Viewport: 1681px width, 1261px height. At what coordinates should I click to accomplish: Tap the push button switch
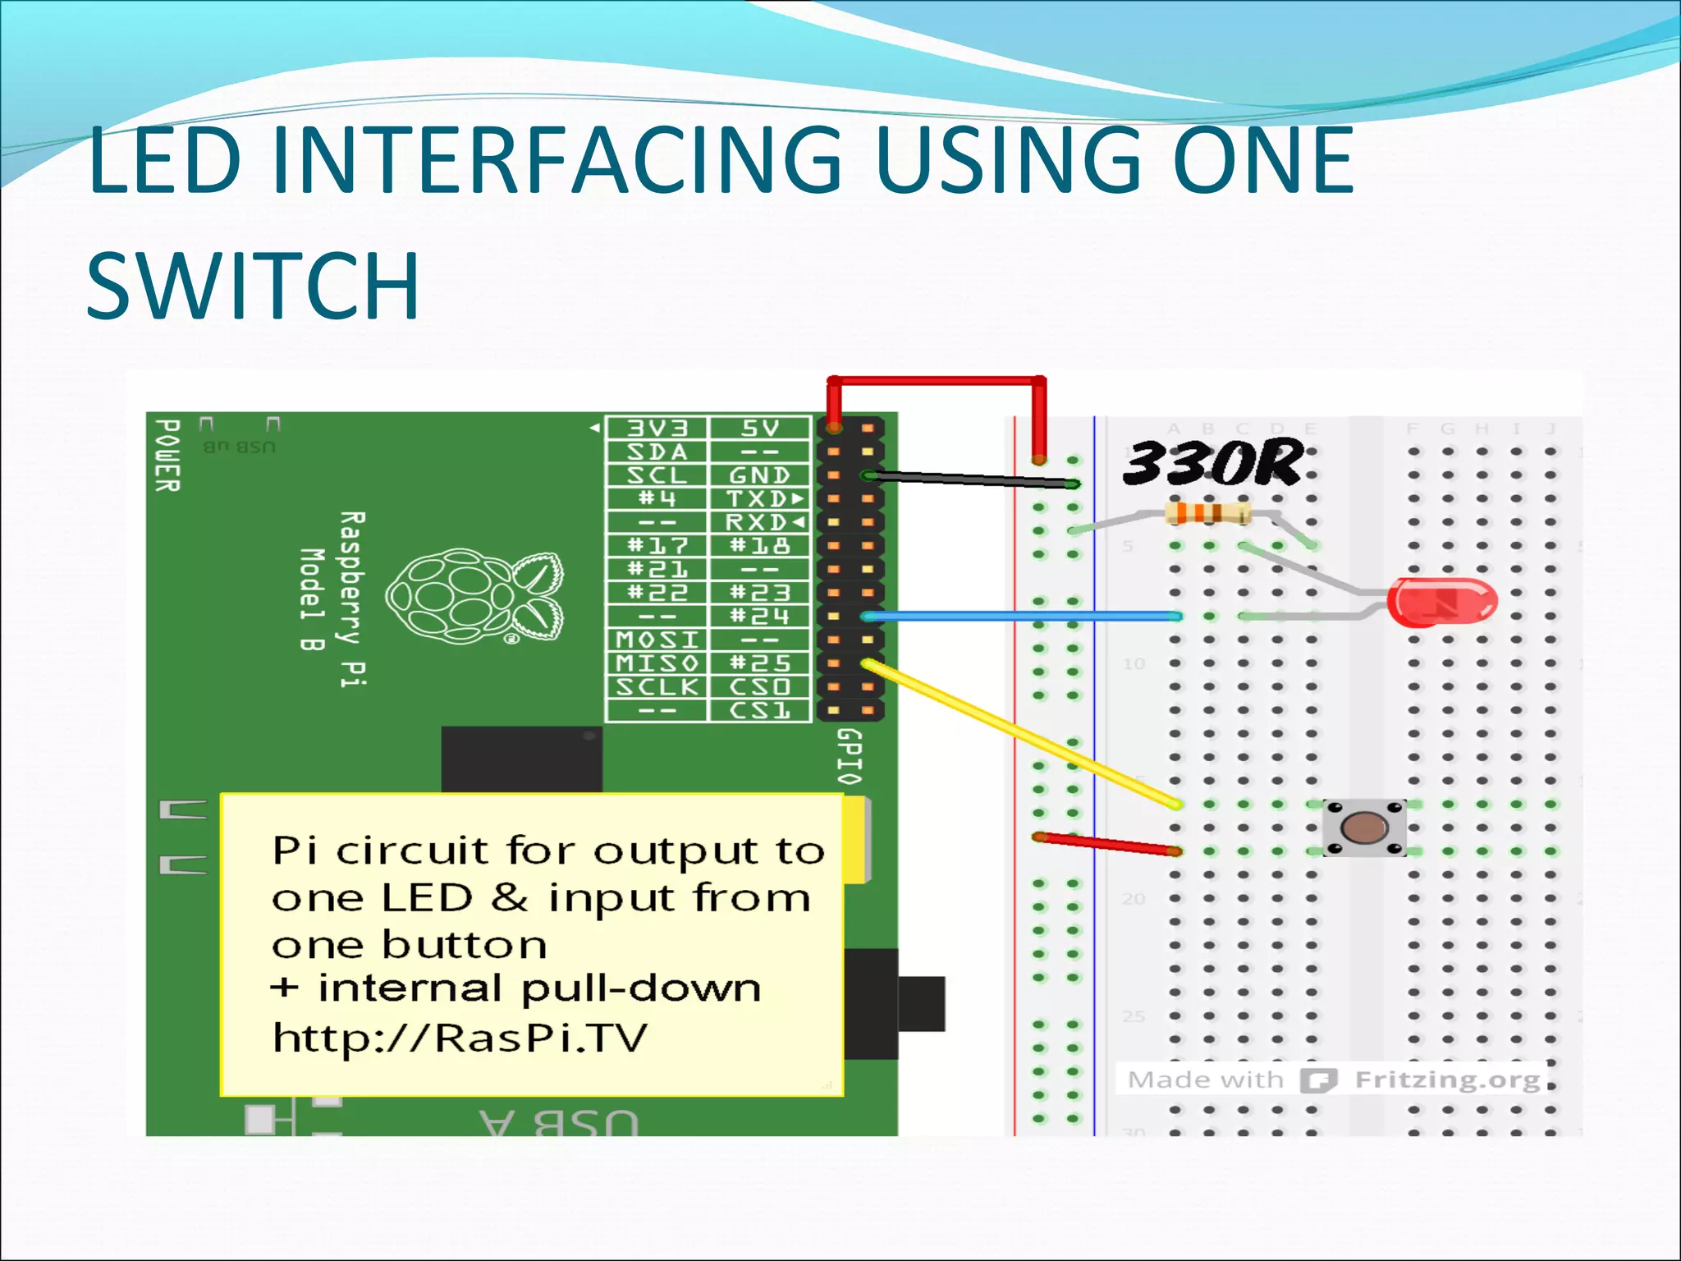click(1364, 828)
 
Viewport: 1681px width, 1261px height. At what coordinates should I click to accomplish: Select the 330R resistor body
click(1207, 514)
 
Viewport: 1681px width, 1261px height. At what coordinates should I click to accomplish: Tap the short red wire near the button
click(1105, 843)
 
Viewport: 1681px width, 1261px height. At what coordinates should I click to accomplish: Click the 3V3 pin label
click(657, 429)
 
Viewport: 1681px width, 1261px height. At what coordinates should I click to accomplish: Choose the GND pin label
click(759, 475)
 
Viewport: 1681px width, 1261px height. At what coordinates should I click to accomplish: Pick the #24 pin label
click(759, 616)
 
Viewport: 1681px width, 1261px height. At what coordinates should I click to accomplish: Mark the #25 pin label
click(759, 663)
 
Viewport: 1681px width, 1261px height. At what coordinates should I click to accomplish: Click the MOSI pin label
click(657, 640)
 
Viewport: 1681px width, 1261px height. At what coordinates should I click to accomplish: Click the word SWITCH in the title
click(253, 286)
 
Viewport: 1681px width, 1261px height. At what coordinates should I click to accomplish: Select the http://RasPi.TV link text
click(460, 1038)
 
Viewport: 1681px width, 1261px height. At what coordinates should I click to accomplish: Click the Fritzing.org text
click(1447, 1080)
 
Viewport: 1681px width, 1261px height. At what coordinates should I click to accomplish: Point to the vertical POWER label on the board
click(167, 456)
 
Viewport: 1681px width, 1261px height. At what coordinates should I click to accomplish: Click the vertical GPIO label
click(850, 756)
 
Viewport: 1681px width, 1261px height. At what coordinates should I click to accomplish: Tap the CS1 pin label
click(759, 710)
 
